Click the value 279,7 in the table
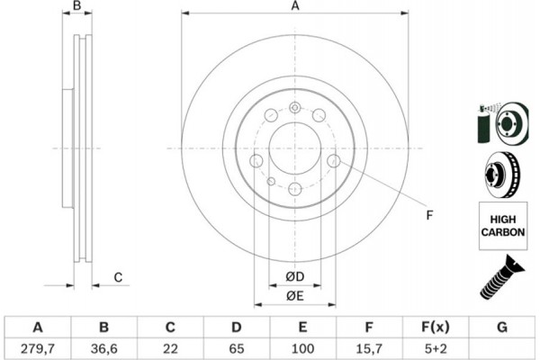tap(37, 348)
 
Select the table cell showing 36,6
tap(104, 348)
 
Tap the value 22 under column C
tap(170, 348)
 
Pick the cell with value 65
tap(236, 348)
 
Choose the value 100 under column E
tap(302, 348)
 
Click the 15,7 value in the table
tap(368, 348)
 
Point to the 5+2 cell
tap(436, 348)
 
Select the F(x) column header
tap(436, 327)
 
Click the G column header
tap(502, 327)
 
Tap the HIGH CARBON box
tap(503, 226)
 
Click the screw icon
tap(502, 278)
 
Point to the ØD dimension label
tap(295, 276)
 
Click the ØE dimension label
tap(295, 296)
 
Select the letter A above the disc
tap(295, 6)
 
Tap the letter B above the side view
tap(77, 5)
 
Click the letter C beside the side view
tap(118, 277)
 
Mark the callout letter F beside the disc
tap(429, 215)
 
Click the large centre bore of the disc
tap(295, 148)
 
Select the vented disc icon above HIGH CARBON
tap(503, 175)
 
